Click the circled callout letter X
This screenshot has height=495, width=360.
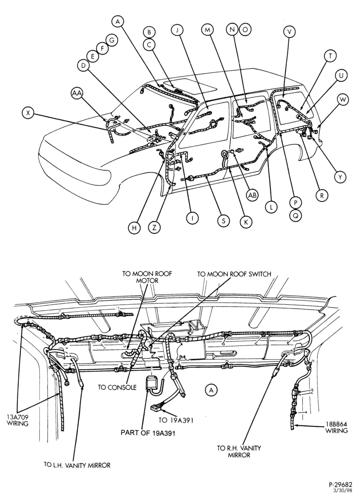(29, 113)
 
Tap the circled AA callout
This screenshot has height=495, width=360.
(77, 93)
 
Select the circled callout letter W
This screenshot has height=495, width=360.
(343, 100)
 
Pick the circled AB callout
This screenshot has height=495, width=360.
(252, 195)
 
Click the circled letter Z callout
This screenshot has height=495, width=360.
(154, 228)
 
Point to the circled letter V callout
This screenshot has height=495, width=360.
(289, 31)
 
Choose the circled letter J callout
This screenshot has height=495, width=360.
(177, 30)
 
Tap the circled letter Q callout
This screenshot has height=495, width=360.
(295, 216)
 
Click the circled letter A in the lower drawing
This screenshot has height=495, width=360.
(211, 390)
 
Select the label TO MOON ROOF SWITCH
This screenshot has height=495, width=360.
(234, 274)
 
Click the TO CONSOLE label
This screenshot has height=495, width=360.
(117, 387)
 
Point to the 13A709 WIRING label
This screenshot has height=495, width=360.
(18, 420)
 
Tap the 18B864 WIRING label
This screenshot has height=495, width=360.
(337, 427)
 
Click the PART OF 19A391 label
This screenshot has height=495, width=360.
(148, 433)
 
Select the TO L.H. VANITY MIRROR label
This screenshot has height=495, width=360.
(78, 465)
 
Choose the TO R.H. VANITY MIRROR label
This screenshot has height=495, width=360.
(239, 451)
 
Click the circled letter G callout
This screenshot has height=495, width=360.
(111, 40)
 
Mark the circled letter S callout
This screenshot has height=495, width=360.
(223, 221)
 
